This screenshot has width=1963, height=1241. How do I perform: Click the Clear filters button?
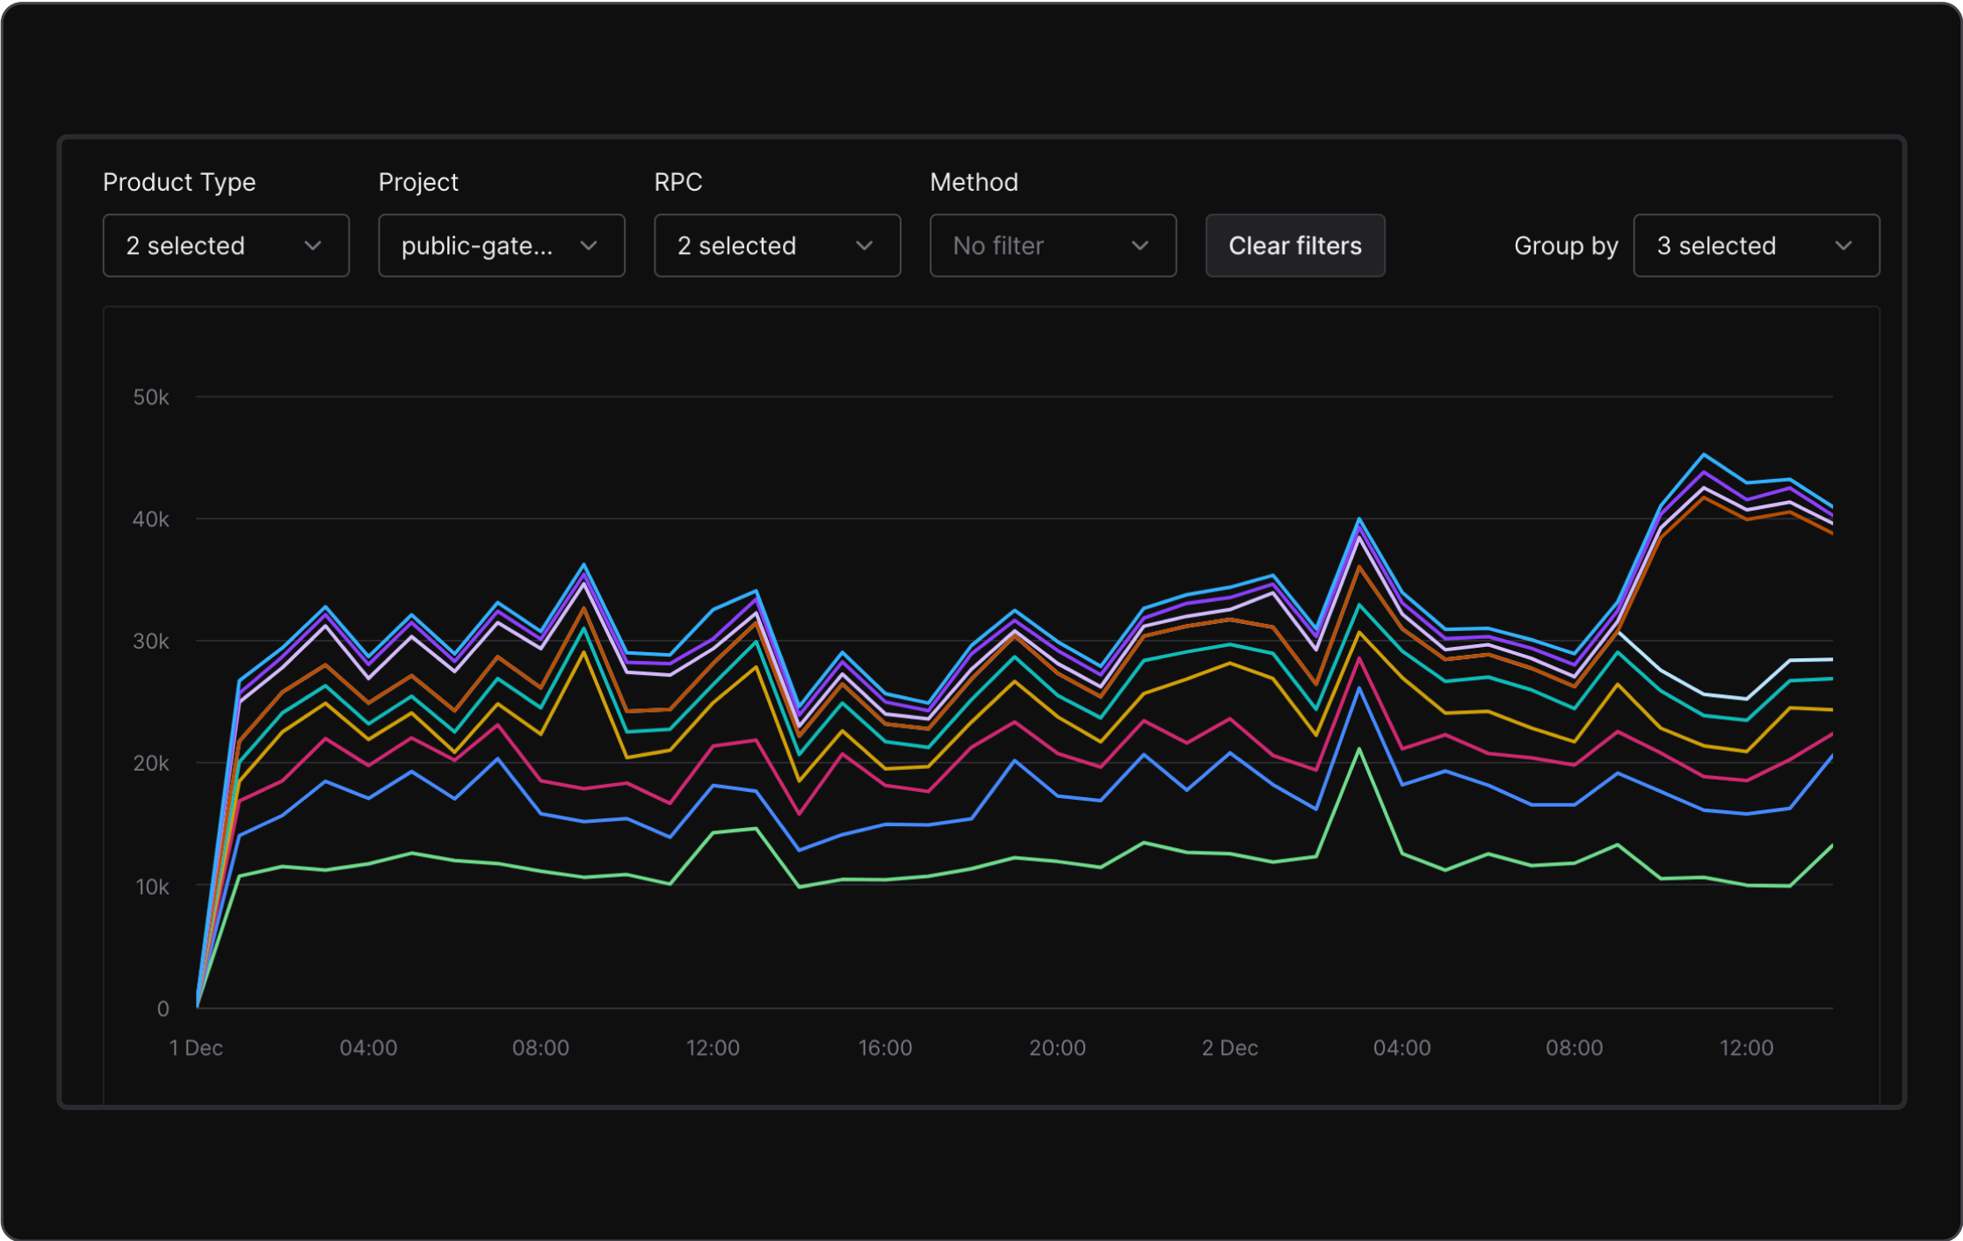tap(1294, 246)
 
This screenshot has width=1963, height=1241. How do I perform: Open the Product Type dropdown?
tap(226, 246)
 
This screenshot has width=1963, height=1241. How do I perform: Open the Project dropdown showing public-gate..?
tap(501, 246)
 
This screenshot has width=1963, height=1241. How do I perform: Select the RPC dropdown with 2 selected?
tap(777, 246)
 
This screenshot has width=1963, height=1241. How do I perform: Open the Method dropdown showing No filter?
tap(1052, 246)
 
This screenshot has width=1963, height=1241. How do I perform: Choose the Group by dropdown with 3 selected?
tap(1756, 246)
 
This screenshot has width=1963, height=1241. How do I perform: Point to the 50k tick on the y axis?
tap(151, 398)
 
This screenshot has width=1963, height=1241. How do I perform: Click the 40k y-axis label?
tap(151, 519)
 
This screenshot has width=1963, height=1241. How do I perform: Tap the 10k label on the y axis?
tap(152, 887)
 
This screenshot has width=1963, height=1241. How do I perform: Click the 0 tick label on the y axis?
tap(163, 1009)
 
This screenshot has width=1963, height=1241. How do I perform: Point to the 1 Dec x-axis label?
tap(196, 1048)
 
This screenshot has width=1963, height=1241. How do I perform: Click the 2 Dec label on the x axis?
tap(1229, 1048)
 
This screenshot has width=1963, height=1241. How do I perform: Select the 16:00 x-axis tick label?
tap(885, 1048)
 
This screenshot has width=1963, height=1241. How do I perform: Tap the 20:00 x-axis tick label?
tap(1057, 1048)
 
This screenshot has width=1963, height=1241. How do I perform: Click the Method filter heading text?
tap(974, 182)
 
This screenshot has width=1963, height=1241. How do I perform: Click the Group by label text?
tap(1565, 246)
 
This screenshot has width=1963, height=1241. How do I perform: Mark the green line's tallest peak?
tap(1359, 750)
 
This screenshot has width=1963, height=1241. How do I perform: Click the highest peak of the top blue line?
tap(1704, 454)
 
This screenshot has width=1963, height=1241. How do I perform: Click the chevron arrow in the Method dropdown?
tap(1140, 246)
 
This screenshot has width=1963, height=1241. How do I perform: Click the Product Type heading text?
tap(179, 182)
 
